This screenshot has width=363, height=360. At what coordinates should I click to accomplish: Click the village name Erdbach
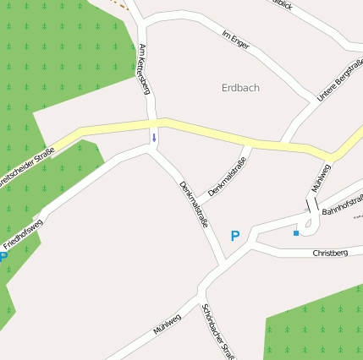tap(239, 87)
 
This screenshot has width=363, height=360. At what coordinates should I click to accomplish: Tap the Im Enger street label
tap(235, 40)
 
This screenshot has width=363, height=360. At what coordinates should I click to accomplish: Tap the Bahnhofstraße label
tap(343, 204)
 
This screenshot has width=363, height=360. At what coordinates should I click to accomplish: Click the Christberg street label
tap(329, 253)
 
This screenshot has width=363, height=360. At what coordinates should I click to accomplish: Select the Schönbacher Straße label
tap(217, 330)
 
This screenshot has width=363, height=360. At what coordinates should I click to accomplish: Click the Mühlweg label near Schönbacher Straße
tap(168, 325)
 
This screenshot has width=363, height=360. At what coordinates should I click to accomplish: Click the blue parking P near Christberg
tap(235, 237)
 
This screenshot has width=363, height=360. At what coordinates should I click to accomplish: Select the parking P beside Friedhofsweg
tap(4, 256)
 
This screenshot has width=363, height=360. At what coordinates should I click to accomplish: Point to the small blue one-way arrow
tap(154, 137)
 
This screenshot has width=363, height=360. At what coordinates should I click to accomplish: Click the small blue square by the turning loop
tap(296, 232)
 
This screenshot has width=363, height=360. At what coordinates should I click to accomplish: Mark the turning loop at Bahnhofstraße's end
tap(308, 224)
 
